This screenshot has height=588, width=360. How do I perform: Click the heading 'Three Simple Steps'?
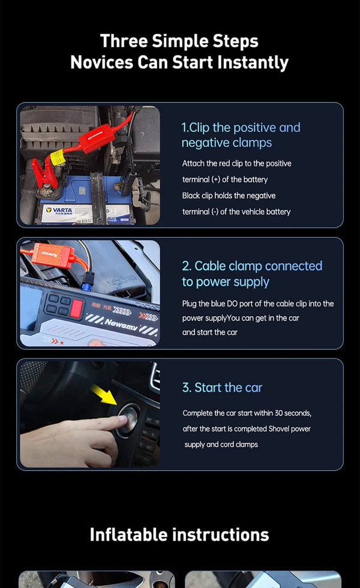click(179, 41)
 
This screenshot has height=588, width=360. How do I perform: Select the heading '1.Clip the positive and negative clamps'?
click(240, 135)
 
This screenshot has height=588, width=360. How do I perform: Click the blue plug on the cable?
click(89, 279)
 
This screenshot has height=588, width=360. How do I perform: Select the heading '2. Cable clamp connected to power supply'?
click(252, 274)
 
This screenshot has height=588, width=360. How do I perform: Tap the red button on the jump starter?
click(77, 308)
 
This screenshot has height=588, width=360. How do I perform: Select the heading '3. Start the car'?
click(222, 388)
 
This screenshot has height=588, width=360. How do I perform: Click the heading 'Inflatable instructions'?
click(179, 534)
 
